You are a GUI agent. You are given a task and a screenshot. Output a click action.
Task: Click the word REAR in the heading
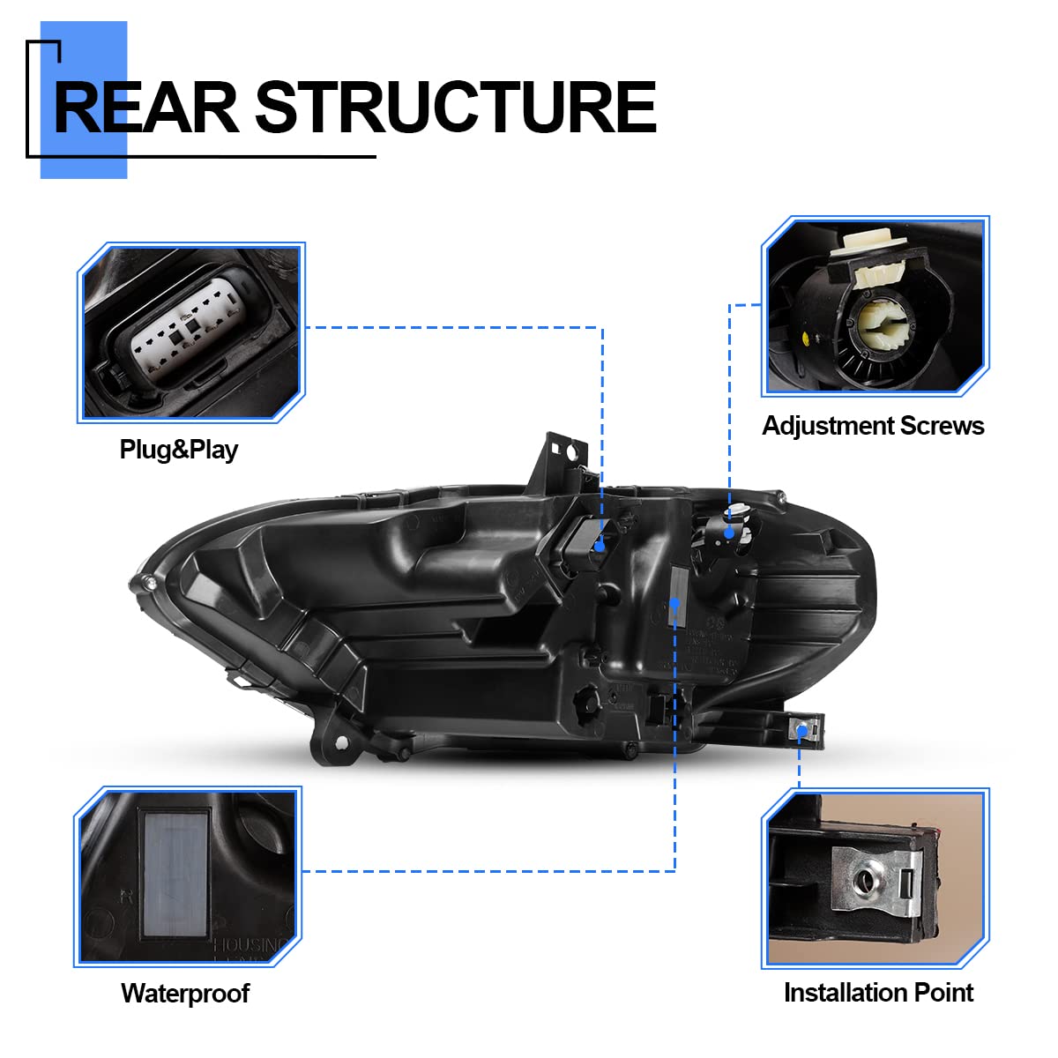pyautogui.click(x=145, y=108)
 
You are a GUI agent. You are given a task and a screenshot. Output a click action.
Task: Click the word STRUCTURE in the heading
pyautogui.click(x=455, y=108)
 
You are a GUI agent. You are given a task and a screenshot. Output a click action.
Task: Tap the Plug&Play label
pyautogui.click(x=179, y=450)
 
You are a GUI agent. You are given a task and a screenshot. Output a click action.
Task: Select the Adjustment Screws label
pyautogui.click(x=873, y=426)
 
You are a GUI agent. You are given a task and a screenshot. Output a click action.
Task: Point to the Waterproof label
pyautogui.click(x=185, y=994)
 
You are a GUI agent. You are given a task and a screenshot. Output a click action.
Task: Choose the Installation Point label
pyautogui.click(x=878, y=993)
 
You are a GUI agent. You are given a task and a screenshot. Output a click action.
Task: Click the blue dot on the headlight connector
pyautogui.click(x=600, y=547)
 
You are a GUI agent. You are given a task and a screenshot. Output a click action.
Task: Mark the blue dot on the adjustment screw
pyautogui.click(x=729, y=533)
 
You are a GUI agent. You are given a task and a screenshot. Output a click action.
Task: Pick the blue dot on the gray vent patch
pyautogui.click(x=675, y=604)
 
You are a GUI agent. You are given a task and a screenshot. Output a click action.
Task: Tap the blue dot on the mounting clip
pyautogui.click(x=801, y=731)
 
